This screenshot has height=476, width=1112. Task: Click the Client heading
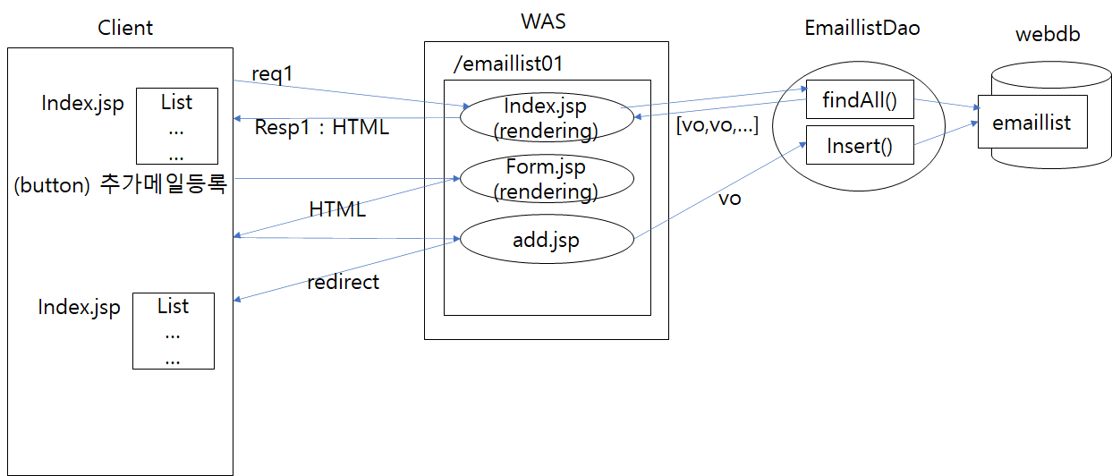pyautogui.click(x=125, y=28)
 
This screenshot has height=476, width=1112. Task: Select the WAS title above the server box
pyautogui.click(x=544, y=21)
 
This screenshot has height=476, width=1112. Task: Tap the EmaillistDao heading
pyautogui.click(x=862, y=29)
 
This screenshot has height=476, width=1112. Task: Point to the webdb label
pyautogui.click(x=1048, y=35)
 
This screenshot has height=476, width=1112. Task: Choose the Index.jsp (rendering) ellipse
pyautogui.click(x=546, y=118)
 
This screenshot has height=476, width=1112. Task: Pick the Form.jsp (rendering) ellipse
pyautogui.click(x=546, y=179)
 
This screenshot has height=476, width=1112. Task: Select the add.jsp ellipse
pyautogui.click(x=546, y=240)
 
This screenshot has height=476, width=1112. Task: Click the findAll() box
pyautogui.click(x=860, y=100)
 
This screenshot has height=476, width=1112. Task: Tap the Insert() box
pyautogui.click(x=860, y=145)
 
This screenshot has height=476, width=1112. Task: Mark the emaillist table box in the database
pyautogui.click(x=1031, y=122)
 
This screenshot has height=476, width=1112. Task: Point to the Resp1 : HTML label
pyautogui.click(x=322, y=128)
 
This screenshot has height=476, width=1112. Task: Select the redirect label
pyautogui.click(x=343, y=282)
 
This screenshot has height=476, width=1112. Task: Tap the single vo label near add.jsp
pyautogui.click(x=730, y=199)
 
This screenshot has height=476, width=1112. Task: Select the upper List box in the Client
pyautogui.click(x=176, y=125)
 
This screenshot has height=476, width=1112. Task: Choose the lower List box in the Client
pyautogui.click(x=173, y=330)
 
